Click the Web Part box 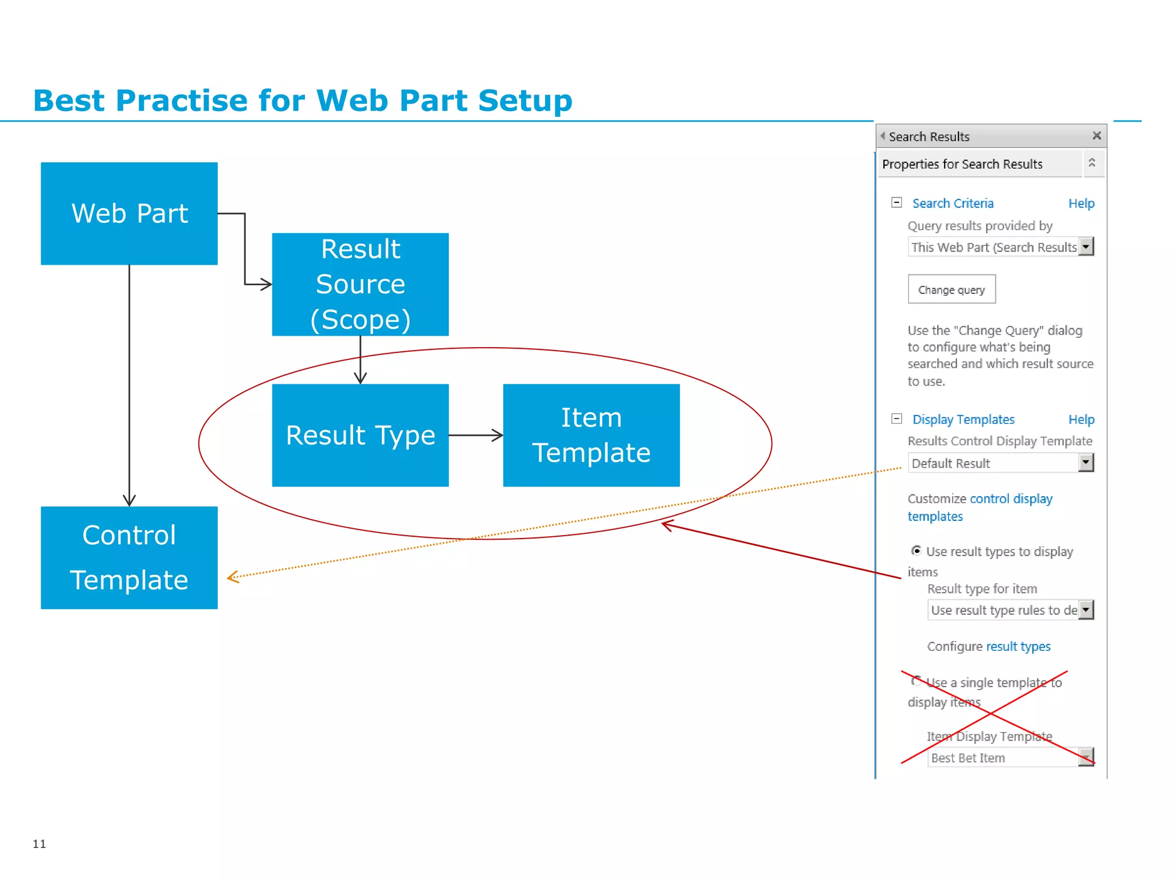coord(129,213)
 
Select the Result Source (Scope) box coord(360,284)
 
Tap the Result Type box coord(360,435)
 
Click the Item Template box coord(591,435)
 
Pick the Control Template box coord(129,557)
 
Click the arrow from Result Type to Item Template coord(476,435)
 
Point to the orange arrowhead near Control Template coord(232,577)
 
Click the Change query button coord(951,290)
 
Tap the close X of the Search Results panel coord(1096,136)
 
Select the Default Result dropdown coord(1000,463)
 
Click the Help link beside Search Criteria coord(1081,203)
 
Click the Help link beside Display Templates coord(1081,419)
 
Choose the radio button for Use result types coord(916,551)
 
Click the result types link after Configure coord(1018,646)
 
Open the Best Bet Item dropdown coord(1086,757)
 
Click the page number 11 coord(39,843)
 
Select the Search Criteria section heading coord(953,203)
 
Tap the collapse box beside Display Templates coord(897,419)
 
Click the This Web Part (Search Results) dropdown coord(1000,247)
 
